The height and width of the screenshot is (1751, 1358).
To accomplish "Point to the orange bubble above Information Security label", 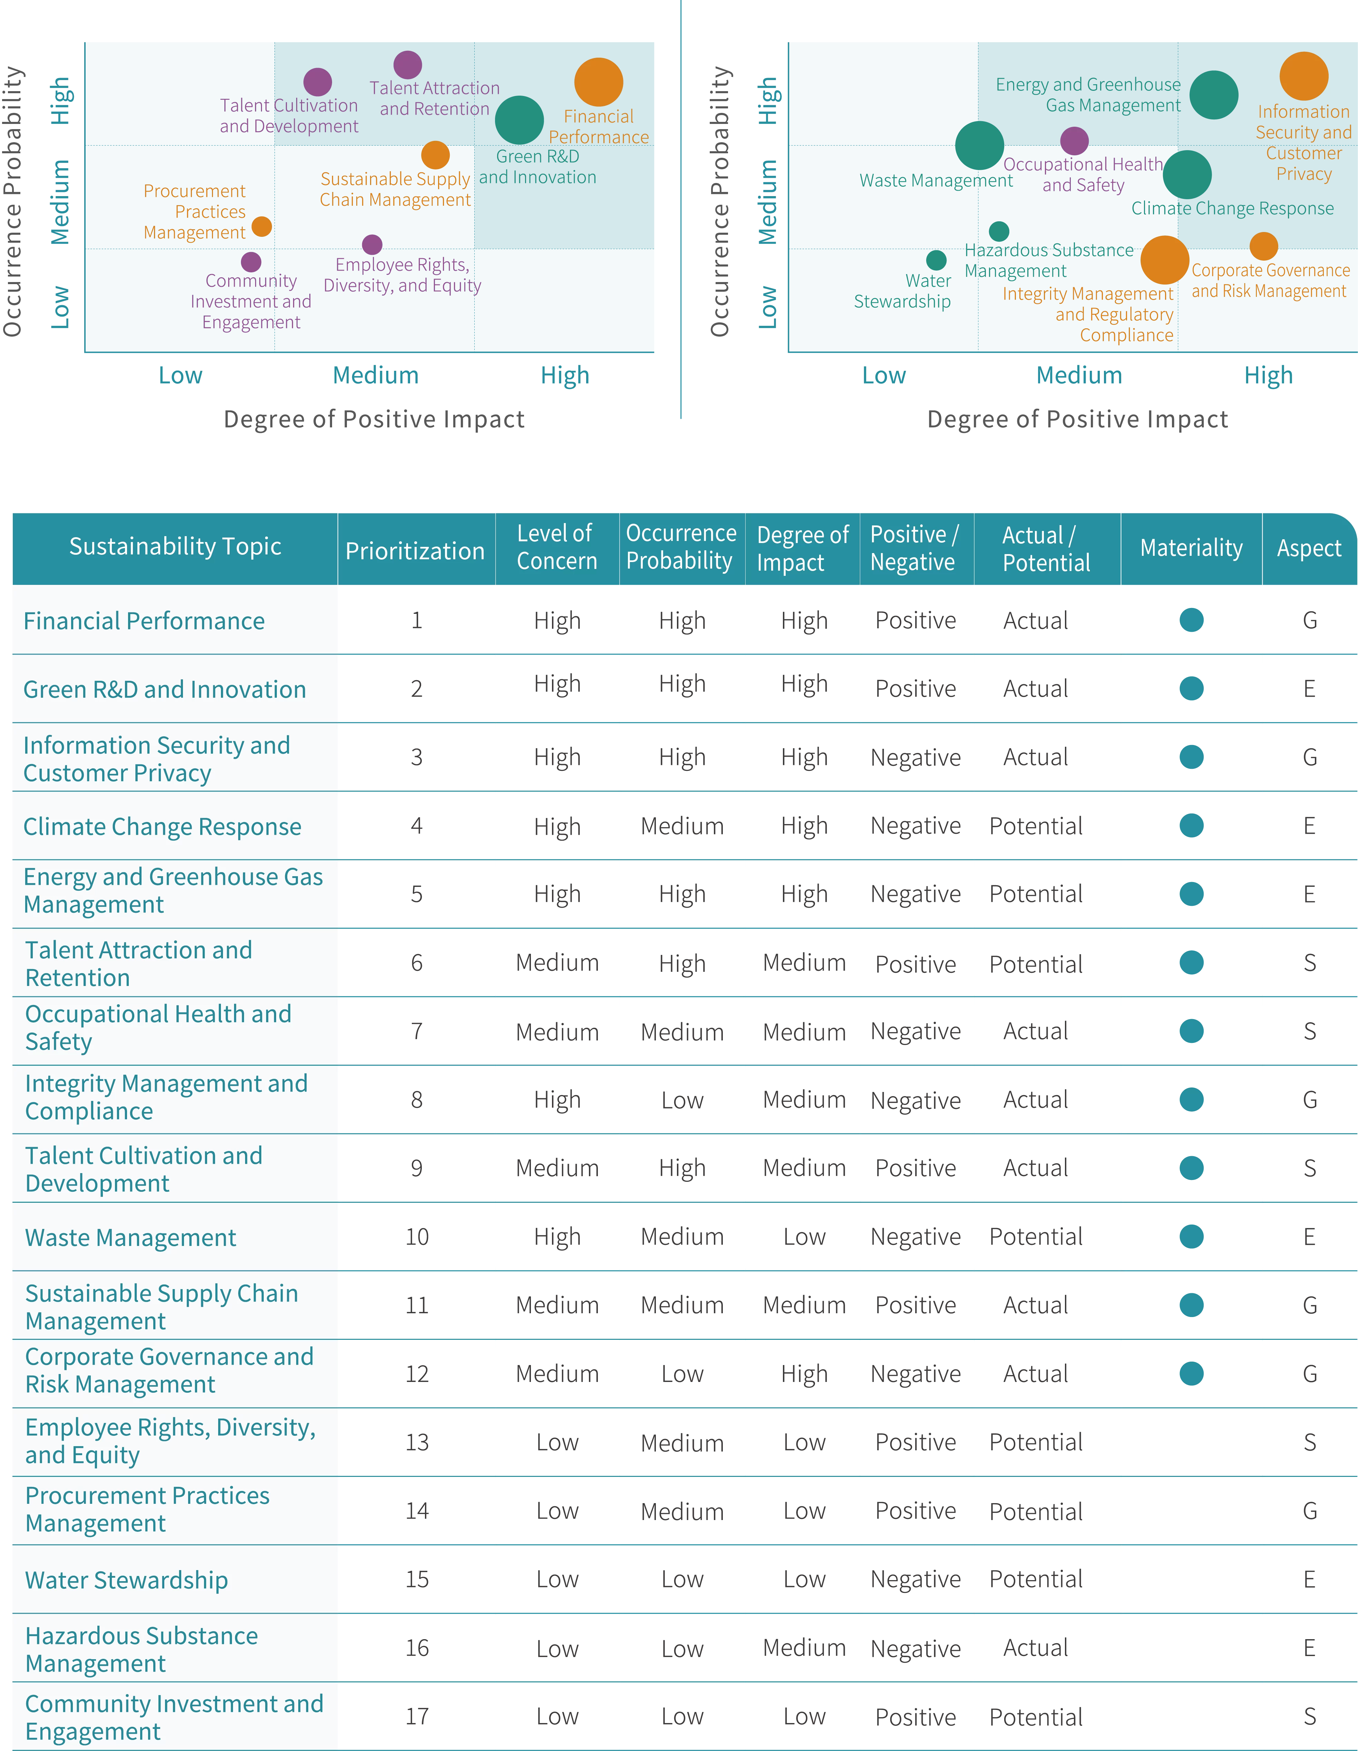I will point(1303,76).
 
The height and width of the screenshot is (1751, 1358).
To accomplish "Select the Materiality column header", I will point(1191,548).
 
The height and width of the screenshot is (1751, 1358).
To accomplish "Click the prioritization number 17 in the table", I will point(417,1716).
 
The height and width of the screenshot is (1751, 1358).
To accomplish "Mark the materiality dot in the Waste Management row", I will point(1191,1237).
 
